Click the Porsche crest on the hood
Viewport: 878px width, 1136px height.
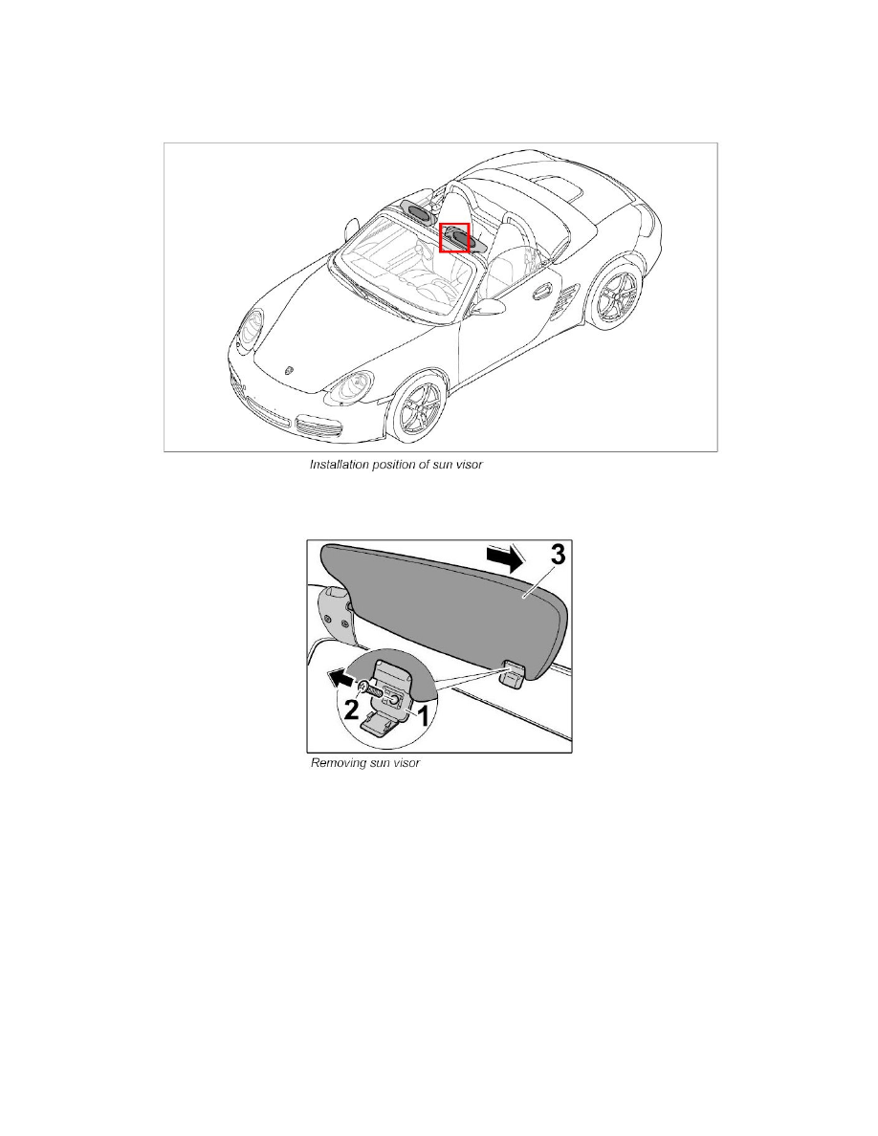pyautogui.click(x=291, y=368)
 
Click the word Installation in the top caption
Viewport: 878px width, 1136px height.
pyautogui.click(x=339, y=465)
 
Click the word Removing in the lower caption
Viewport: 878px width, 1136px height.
pyautogui.click(x=336, y=763)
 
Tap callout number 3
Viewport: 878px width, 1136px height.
pyautogui.click(x=557, y=555)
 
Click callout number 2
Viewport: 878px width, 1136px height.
pyautogui.click(x=351, y=710)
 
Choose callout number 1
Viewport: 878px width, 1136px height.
pyautogui.click(x=423, y=716)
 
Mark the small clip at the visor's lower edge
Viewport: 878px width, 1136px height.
pyautogui.click(x=514, y=675)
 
